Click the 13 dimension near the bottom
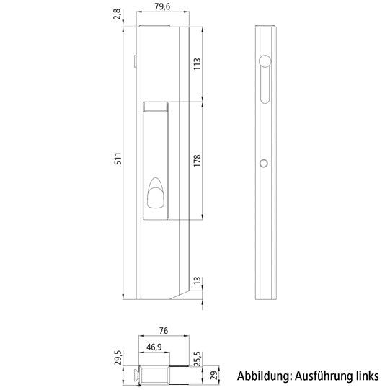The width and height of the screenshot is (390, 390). tap(198, 280)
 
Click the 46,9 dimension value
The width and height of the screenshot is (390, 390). tap(154, 347)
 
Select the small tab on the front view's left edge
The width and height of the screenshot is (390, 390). tap(135, 62)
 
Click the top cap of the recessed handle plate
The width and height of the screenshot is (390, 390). tap(156, 107)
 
